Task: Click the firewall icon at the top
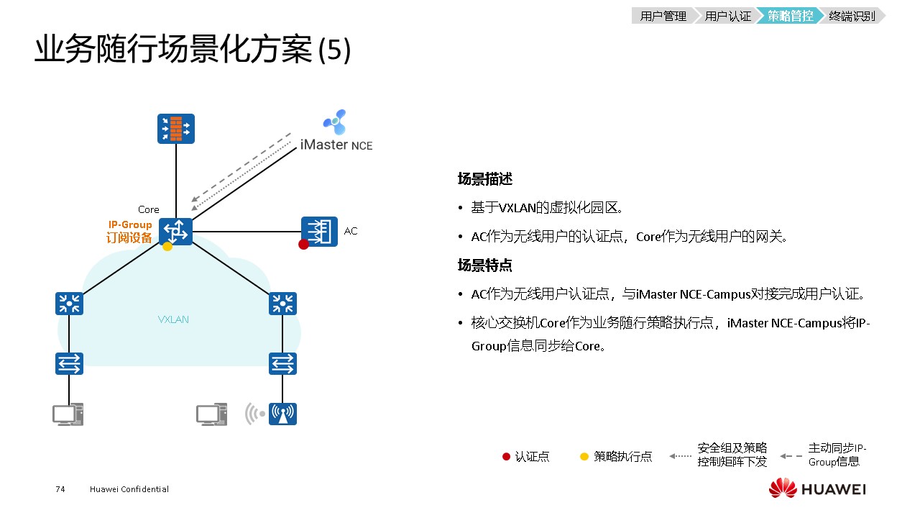coord(176,129)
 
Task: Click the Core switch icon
coord(176,231)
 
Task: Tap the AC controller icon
coord(319,231)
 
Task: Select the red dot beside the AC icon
coord(303,245)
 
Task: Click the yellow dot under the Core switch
coord(167,246)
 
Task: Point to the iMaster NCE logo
coord(334,122)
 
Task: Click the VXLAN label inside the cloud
coord(173,319)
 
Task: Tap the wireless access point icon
coord(282,414)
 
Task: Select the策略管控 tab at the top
coord(790,16)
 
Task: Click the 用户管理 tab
coord(663,16)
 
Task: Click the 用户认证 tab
coord(727,16)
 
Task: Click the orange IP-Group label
coord(130,225)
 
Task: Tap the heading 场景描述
coord(485,179)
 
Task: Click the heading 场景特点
coord(485,265)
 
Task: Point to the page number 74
coord(60,489)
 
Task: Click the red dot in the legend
coord(506,456)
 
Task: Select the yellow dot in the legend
coord(584,456)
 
